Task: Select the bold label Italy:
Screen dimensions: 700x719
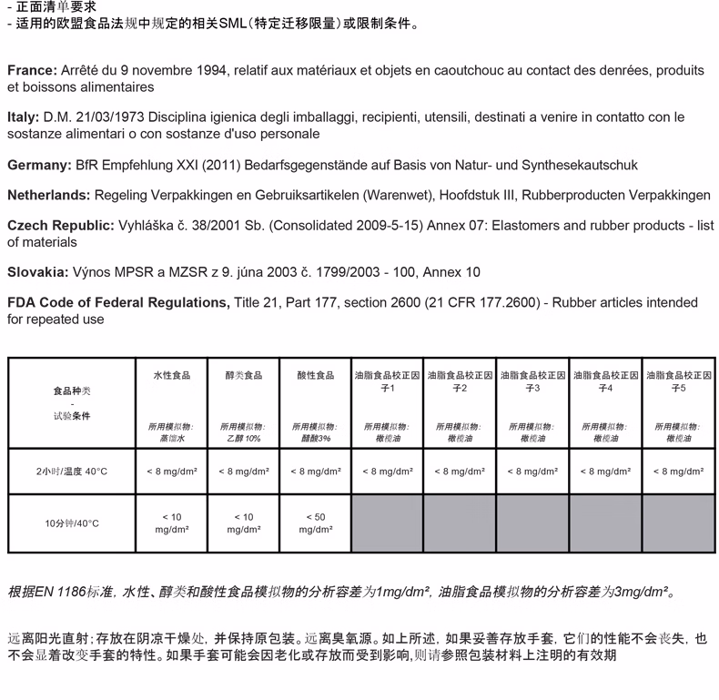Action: pos(23,117)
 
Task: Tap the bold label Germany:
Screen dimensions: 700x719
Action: pos(39,165)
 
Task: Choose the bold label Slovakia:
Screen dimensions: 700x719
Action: pos(37,272)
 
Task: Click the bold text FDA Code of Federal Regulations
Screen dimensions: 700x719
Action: pos(117,302)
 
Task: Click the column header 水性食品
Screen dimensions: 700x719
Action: pos(171,375)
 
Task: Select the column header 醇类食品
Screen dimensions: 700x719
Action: pos(243,375)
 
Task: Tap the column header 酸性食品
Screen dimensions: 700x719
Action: pos(315,375)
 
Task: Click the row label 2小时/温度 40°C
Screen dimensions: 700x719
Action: pos(72,472)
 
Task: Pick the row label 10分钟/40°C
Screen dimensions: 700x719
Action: pos(72,523)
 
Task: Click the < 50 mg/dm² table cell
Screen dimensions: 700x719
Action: pos(315,523)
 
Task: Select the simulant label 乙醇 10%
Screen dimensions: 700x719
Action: pos(243,439)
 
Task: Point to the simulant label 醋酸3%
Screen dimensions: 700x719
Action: pos(315,439)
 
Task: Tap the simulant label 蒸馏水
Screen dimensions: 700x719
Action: pos(171,439)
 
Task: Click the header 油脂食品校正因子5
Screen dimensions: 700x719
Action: pos(678,381)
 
